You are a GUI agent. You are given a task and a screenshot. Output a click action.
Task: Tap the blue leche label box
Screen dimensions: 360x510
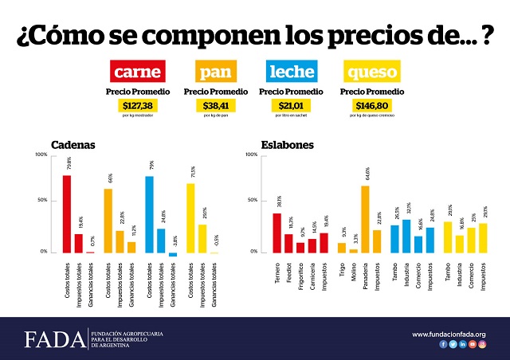coord(292,73)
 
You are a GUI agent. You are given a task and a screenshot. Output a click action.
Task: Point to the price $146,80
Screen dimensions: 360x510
coord(371,105)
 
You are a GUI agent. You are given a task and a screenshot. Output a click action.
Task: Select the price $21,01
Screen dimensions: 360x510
coord(292,105)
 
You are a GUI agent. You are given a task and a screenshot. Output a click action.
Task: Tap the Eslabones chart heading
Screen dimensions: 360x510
coord(287,145)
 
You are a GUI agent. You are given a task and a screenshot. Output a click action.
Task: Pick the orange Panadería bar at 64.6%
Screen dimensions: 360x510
coord(365,219)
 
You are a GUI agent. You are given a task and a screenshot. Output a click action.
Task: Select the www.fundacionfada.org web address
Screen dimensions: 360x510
coord(449,334)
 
